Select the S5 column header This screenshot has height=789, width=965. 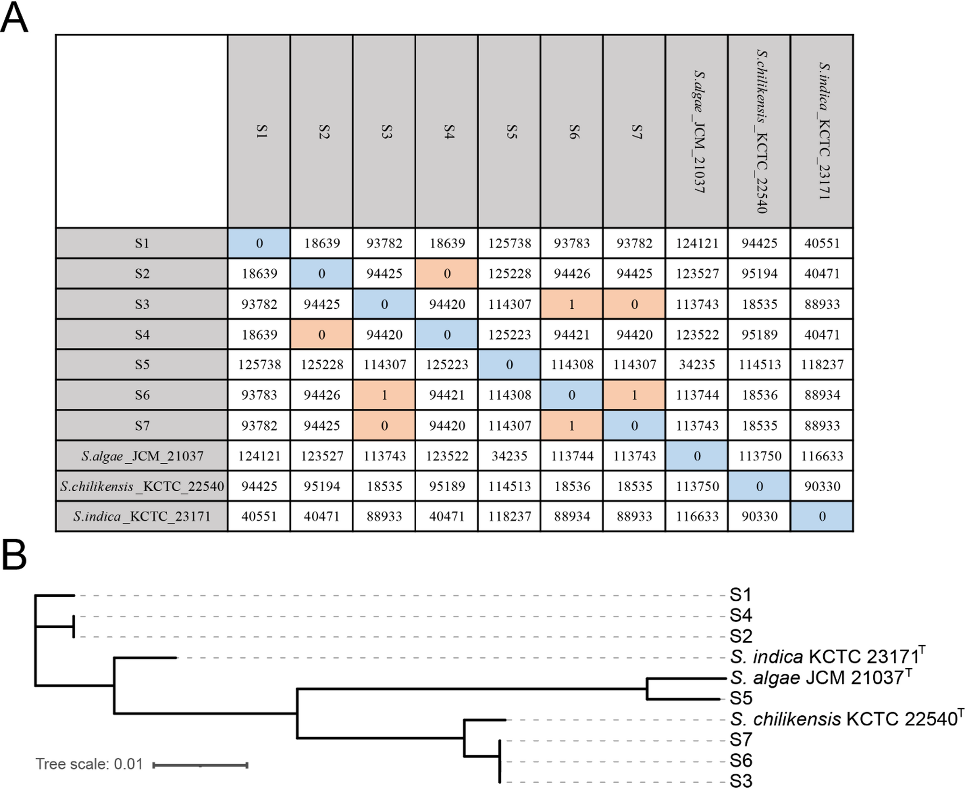coord(509,131)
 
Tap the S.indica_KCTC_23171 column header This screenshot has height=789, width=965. coord(822,131)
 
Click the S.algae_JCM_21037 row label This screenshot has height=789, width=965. coord(142,456)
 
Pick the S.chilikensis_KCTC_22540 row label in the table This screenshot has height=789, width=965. coord(142,486)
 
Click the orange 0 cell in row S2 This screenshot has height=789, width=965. coord(447,274)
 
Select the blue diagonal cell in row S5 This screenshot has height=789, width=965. coord(509,365)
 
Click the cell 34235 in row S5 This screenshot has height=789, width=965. coord(697,365)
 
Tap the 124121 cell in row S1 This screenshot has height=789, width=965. coord(697,243)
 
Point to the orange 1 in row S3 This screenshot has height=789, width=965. coord(572,304)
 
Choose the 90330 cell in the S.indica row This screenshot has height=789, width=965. coord(759,516)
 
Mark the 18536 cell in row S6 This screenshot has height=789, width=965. coord(759,395)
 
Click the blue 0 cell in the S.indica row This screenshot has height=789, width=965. coord(822,516)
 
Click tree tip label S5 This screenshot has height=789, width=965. coord(741,698)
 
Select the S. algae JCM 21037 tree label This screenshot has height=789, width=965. coord(819,677)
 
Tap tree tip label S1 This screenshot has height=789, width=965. coord(740,595)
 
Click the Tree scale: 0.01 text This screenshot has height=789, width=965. coord(89,764)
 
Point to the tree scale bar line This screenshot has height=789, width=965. coord(200,764)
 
